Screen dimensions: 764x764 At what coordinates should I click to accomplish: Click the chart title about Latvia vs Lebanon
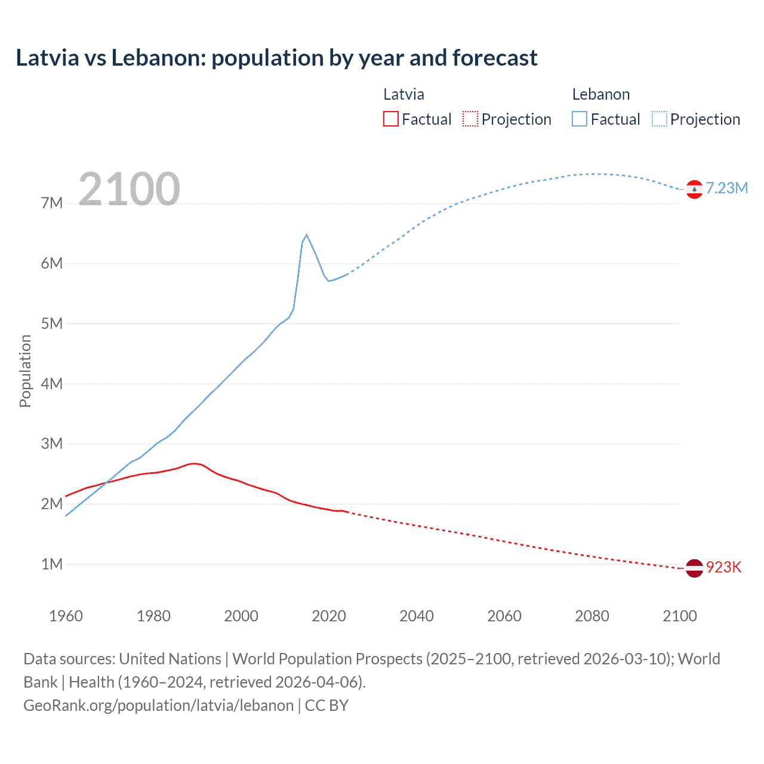click(276, 58)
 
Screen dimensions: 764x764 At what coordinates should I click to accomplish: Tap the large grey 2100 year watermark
click(129, 189)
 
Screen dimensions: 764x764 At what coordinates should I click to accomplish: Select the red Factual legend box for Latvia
click(390, 119)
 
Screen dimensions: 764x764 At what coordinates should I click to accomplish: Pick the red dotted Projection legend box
click(470, 119)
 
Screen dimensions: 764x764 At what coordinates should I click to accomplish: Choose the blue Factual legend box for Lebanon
click(580, 119)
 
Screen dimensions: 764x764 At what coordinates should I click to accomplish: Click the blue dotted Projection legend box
click(660, 119)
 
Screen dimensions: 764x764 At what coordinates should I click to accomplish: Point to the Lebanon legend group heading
click(600, 94)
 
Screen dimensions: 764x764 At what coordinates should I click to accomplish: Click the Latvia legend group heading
click(403, 94)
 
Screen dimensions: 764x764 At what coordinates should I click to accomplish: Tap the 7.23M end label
click(726, 188)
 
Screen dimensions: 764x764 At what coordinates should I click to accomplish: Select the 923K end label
click(723, 567)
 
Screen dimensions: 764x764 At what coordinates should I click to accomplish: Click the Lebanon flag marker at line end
click(694, 189)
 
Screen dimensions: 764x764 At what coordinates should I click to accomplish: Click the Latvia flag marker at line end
click(694, 568)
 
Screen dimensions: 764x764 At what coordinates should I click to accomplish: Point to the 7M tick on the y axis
click(52, 203)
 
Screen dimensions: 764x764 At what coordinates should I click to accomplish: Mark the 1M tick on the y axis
click(52, 564)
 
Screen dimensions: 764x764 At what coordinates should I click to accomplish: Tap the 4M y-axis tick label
click(52, 384)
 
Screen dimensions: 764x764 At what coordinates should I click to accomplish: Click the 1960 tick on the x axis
click(66, 616)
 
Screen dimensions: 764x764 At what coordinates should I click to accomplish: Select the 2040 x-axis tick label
click(417, 616)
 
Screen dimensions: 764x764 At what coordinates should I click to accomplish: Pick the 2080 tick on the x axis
click(592, 616)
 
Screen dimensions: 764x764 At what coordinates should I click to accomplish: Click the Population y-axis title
click(25, 371)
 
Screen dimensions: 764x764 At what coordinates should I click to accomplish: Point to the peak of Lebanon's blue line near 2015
click(306, 235)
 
